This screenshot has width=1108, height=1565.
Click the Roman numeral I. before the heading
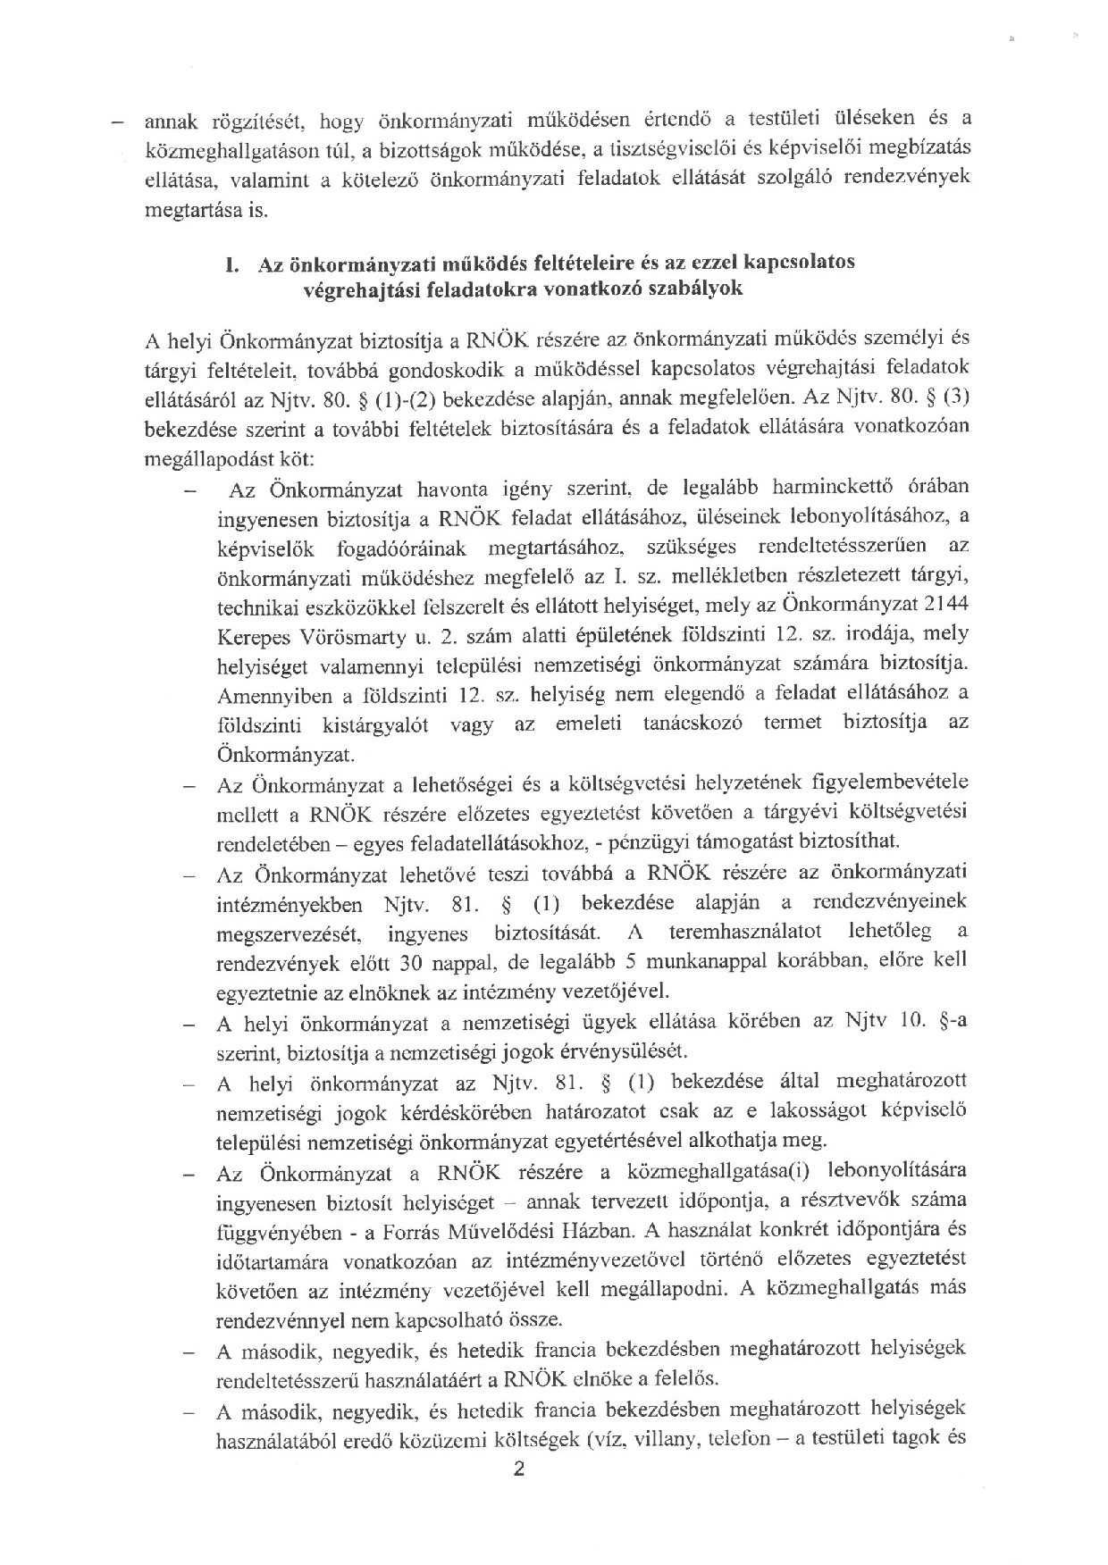coord(234,264)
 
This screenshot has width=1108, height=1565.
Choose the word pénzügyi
coord(658,842)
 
